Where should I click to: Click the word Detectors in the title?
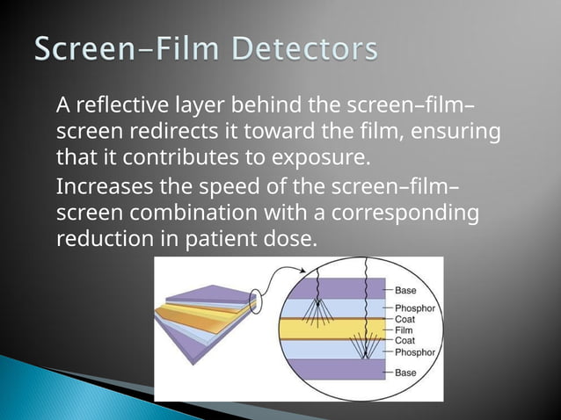pyautogui.click(x=301, y=48)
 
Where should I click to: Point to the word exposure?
pyautogui.click(x=295, y=160)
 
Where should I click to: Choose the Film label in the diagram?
pyautogui.click(x=403, y=330)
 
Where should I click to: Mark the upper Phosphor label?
pyautogui.click(x=414, y=308)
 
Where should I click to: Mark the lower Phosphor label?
pyautogui.click(x=414, y=352)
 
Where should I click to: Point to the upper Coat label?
pyautogui.click(x=404, y=319)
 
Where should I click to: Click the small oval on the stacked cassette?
pyautogui.click(x=253, y=301)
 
